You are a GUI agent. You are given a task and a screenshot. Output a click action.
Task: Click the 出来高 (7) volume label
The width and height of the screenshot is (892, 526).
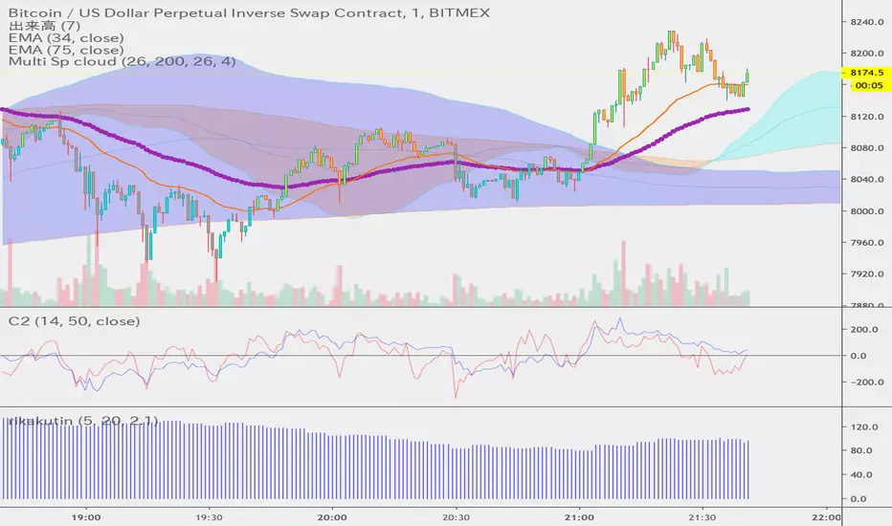[39, 22]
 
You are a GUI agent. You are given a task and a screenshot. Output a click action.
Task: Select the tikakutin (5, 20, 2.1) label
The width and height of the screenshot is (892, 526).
[83, 421]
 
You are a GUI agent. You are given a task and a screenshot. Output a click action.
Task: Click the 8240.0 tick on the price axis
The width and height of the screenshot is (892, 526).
[865, 22]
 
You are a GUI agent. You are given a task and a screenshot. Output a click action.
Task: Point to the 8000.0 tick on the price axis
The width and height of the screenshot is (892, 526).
[865, 211]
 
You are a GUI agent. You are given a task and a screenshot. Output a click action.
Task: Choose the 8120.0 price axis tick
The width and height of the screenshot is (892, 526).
[865, 117]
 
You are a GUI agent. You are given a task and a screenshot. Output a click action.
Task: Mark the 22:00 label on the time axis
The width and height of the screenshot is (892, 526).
[827, 514]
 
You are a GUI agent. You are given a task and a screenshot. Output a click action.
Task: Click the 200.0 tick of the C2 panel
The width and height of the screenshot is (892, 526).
[865, 329]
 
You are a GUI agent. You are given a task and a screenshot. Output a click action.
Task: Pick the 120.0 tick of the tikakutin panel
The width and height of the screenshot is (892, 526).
[865, 427]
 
